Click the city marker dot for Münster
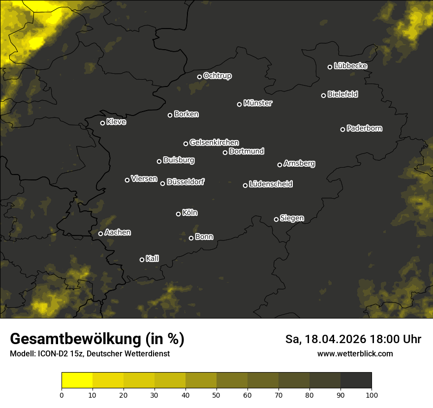click(240, 104)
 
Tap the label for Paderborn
click(365, 128)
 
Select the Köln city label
click(190, 213)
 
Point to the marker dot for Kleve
click(103, 123)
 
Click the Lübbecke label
click(350, 66)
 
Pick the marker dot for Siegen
click(276, 219)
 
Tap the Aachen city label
click(118, 233)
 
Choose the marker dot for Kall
click(142, 260)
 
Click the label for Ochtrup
click(217, 76)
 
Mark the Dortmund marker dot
click(225, 152)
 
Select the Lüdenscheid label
click(271, 184)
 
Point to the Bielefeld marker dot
click(324, 95)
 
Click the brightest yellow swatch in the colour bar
click(77, 380)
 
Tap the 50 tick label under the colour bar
click(216, 395)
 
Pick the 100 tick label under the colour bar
click(371, 395)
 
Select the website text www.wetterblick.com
click(355, 353)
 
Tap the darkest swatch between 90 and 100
click(356, 380)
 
